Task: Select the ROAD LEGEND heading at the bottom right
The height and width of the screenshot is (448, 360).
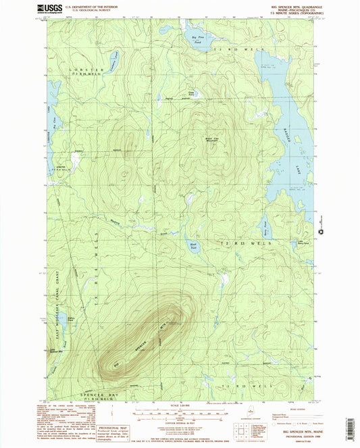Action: [280, 408]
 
